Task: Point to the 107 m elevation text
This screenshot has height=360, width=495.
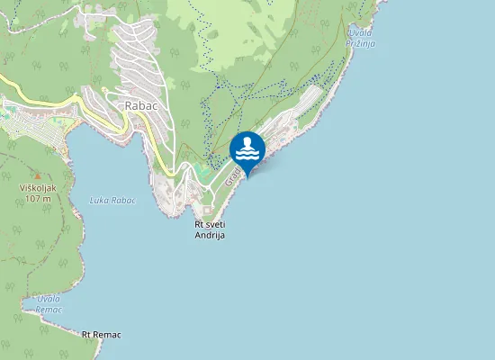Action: pos(37,198)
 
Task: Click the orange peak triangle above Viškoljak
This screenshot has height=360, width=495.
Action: pos(37,176)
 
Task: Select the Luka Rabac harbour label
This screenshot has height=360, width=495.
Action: pos(112,200)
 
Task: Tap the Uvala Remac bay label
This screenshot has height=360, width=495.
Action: pos(49,303)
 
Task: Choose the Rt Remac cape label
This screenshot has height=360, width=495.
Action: pos(101,334)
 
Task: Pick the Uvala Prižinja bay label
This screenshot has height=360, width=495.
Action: pos(360,37)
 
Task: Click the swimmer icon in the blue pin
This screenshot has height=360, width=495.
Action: pos(247,148)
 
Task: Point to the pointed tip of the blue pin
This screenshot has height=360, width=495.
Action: pos(247,175)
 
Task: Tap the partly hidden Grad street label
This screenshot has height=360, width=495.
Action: pos(231,177)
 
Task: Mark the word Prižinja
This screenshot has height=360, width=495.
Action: pos(360,42)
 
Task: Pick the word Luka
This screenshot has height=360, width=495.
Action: pos(99,200)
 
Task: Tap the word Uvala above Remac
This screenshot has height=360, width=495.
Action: pos(49,298)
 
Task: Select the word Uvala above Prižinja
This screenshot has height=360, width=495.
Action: pos(360,31)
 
